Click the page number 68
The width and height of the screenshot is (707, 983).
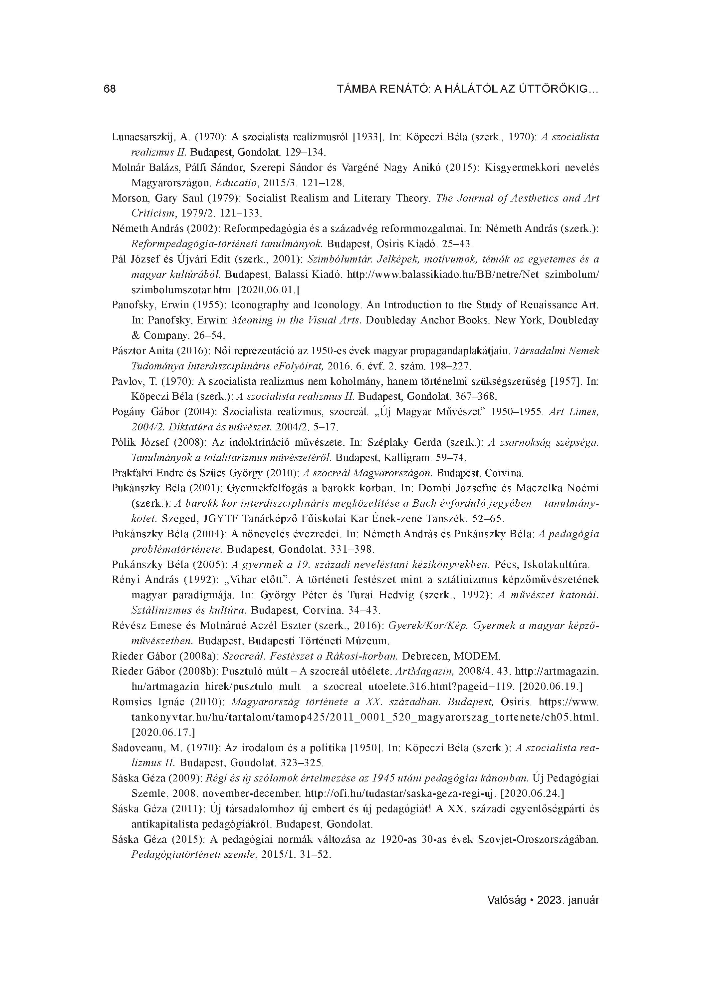(x=110, y=89)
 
